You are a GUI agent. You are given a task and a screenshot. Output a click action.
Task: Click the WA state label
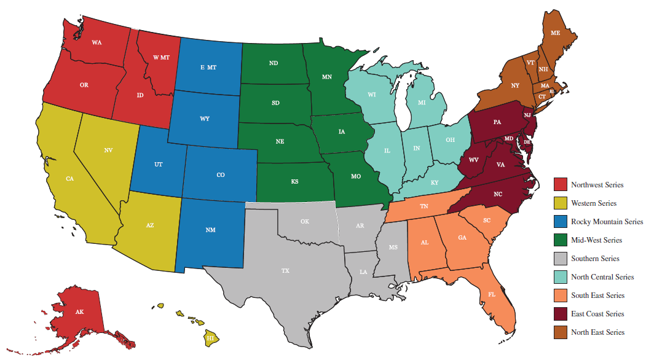point(97,42)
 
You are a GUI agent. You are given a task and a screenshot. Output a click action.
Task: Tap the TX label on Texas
point(285,270)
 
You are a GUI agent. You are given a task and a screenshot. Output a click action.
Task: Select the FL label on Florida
point(492,294)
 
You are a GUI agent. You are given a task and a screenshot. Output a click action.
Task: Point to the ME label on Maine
point(555,32)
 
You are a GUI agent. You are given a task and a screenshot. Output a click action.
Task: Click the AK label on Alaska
point(79,312)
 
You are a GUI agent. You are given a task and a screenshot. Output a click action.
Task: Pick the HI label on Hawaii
point(210,338)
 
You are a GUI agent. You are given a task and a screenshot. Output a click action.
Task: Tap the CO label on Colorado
point(221,175)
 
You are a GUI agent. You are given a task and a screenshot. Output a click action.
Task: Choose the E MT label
point(208,67)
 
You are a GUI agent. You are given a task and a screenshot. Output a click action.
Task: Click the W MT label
point(161,57)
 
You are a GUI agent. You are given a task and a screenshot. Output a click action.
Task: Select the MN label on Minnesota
point(327,77)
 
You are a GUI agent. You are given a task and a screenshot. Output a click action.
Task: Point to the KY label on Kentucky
point(435,182)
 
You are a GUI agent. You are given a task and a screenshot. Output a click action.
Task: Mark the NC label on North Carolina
point(498,194)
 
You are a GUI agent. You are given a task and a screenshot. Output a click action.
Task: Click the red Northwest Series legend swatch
point(560,184)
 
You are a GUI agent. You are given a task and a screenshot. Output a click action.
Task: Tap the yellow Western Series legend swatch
point(560,203)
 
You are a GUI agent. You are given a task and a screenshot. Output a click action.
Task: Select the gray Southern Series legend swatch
point(560,258)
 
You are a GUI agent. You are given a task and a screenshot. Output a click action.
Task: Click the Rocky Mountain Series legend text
point(607,221)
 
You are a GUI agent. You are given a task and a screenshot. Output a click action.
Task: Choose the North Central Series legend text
point(602,276)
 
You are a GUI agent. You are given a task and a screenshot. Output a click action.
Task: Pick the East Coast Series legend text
point(597,313)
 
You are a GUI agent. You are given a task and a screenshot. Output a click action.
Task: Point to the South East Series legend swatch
point(560,295)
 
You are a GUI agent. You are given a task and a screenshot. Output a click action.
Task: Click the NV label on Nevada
point(108,150)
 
